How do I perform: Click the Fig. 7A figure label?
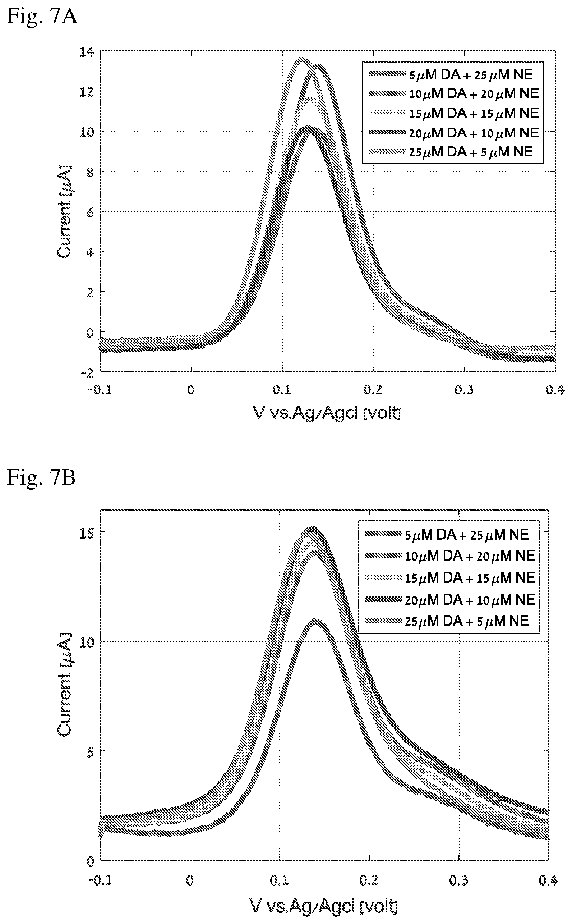click(x=42, y=16)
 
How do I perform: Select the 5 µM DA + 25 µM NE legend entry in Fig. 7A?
click(x=451, y=74)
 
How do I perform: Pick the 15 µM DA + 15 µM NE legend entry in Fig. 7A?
click(x=454, y=113)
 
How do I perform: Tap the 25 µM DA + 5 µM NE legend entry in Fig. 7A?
click(x=451, y=152)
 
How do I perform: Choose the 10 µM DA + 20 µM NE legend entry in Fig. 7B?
click(x=450, y=556)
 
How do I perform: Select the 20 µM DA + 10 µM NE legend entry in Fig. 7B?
click(x=450, y=600)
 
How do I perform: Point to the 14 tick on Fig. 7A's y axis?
click(x=87, y=52)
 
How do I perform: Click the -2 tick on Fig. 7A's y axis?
click(x=88, y=373)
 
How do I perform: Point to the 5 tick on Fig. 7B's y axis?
click(x=90, y=752)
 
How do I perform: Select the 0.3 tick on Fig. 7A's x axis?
click(x=464, y=389)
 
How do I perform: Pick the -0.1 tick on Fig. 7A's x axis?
click(x=100, y=389)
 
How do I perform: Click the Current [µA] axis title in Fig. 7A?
click(x=64, y=212)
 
